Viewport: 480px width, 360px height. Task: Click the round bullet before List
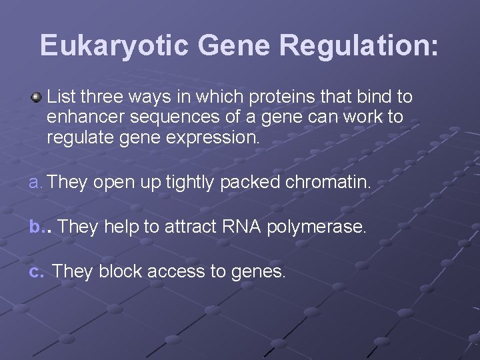point(37,98)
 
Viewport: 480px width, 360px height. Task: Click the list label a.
point(36,183)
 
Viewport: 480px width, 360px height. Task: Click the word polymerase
point(317,228)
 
